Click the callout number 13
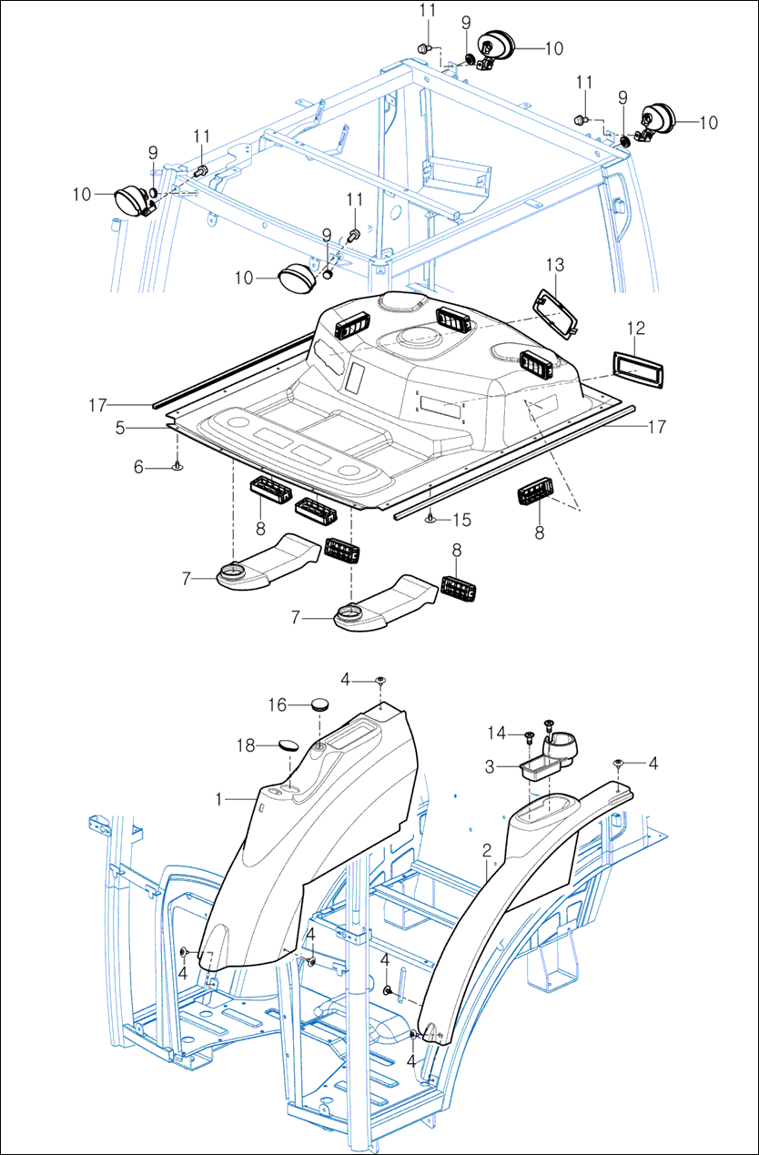pyautogui.click(x=555, y=265)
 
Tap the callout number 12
pyautogui.click(x=636, y=327)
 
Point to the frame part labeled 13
pyautogui.click(x=556, y=310)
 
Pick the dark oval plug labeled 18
pyautogui.click(x=289, y=745)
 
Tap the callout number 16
pyautogui.click(x=278, y=704)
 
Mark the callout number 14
pyautogui.click(x=494, y=732)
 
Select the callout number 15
pyautogui.click(x=462, y=520)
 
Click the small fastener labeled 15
pyautogui.click(x=430, y=519)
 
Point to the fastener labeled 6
pyautogui.click(x=177, y=467)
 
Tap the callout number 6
pyautogui.click(x=139, y=467)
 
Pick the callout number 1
pyautogui.click(x=218, y=798)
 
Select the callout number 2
pyautogui.click(x=487, y=851)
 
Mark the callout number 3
pyautogui.click(x=490, y=767)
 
